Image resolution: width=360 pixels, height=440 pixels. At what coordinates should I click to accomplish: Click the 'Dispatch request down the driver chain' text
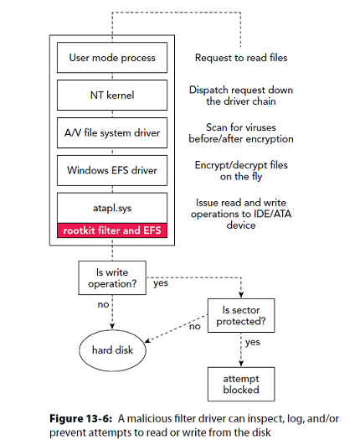pyautogui.click(x=242, y=96)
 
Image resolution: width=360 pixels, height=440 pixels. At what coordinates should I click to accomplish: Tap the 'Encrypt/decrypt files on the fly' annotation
pyautogui.click(x=243, y=171)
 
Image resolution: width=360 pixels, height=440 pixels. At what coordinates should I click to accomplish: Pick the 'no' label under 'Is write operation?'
pyautogui.click(x=102, y=304)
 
